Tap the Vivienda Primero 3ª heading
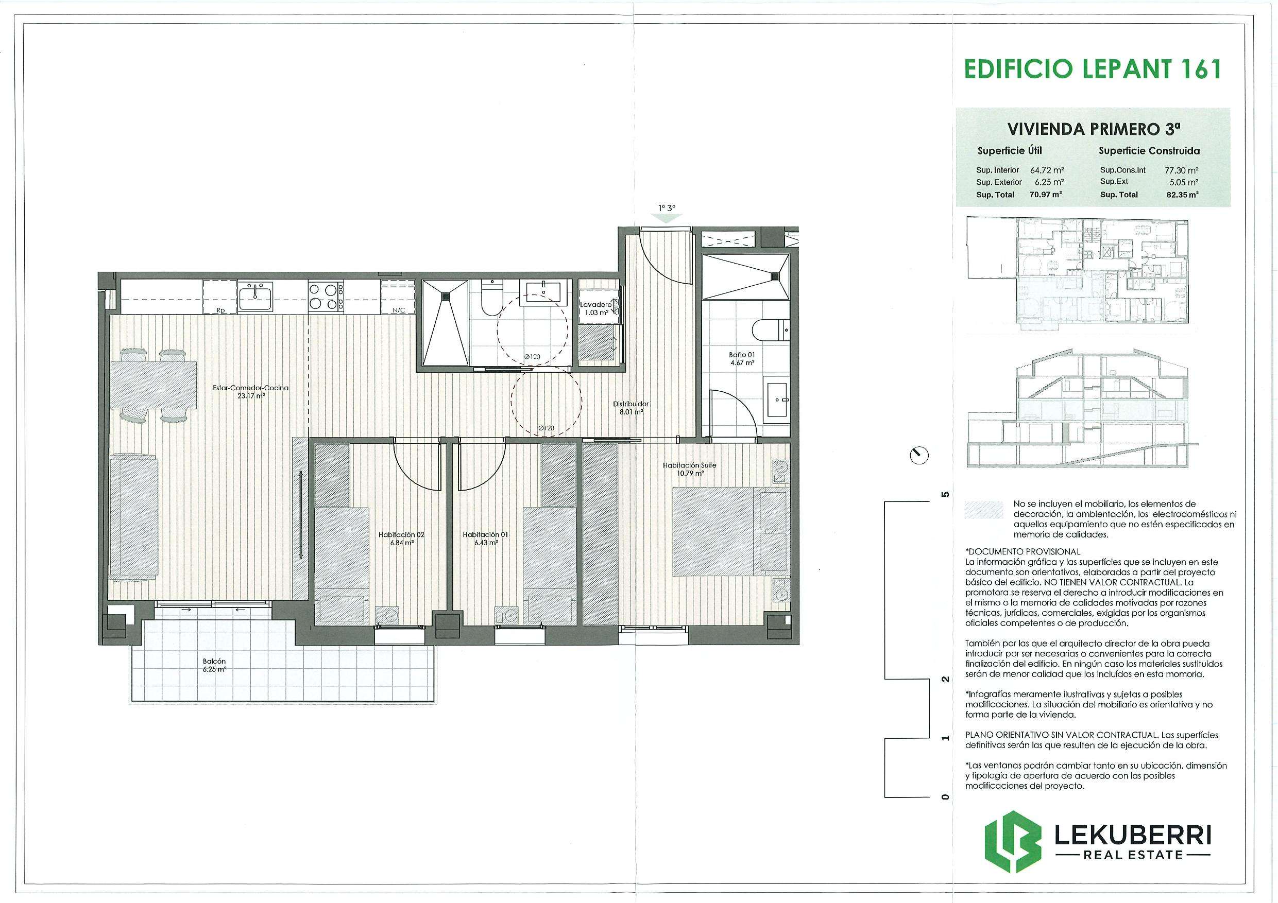pyautogui.click(x=1094, y=129)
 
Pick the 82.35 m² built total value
pyautogui.click(x=1182, y=195)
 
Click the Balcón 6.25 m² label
pyautogui.click(x=214, y=666)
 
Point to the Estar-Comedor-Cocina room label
pyautogui.click(x=250, y=392)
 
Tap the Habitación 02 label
pyautogui.click(x=401, y=539)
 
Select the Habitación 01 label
pyautogui.click(x=485, y=539)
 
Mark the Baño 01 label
pyautogui.click(x=742, y=358)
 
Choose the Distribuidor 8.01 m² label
pyautogui.click(x=631, y=408)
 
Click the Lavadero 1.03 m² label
pyautogui.click(x=596, y=309)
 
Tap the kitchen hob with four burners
pyautogui.click(x=326, y=296)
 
